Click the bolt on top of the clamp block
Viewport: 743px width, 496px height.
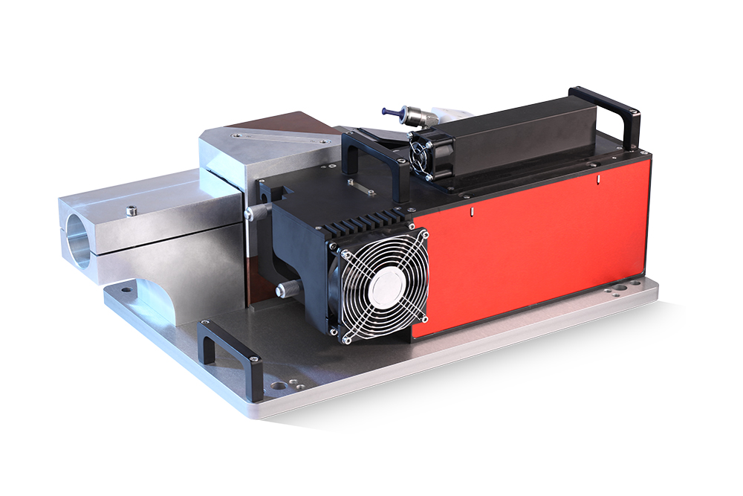click(x=132, y=211)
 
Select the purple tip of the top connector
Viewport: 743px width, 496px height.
click(x=389, y=111)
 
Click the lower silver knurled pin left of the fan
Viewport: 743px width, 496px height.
click(x=284, y=289)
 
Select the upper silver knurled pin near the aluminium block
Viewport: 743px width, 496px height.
click(x=255, y=213)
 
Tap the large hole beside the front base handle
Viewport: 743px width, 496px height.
click(x=277, y=386)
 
